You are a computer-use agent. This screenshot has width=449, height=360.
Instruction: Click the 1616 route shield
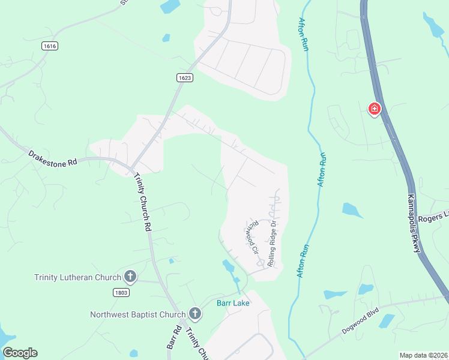point(50,46)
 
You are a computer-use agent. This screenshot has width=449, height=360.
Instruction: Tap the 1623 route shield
point(185,77)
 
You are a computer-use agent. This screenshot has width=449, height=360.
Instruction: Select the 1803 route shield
point(121,292)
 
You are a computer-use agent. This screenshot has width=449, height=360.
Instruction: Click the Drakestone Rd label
point(53,158)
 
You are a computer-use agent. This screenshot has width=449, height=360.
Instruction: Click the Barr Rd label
point(174,338)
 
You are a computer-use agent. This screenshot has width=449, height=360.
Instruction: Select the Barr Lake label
point(233,303)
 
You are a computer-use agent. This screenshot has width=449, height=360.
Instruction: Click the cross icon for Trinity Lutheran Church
point(130,277)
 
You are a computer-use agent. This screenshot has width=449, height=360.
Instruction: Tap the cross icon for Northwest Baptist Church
point(194,313)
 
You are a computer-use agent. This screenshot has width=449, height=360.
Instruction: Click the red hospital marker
point(375,109)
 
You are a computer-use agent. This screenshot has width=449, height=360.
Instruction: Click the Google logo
point(20,353)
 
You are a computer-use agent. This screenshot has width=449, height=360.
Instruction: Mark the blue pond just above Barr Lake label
point(229,266)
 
